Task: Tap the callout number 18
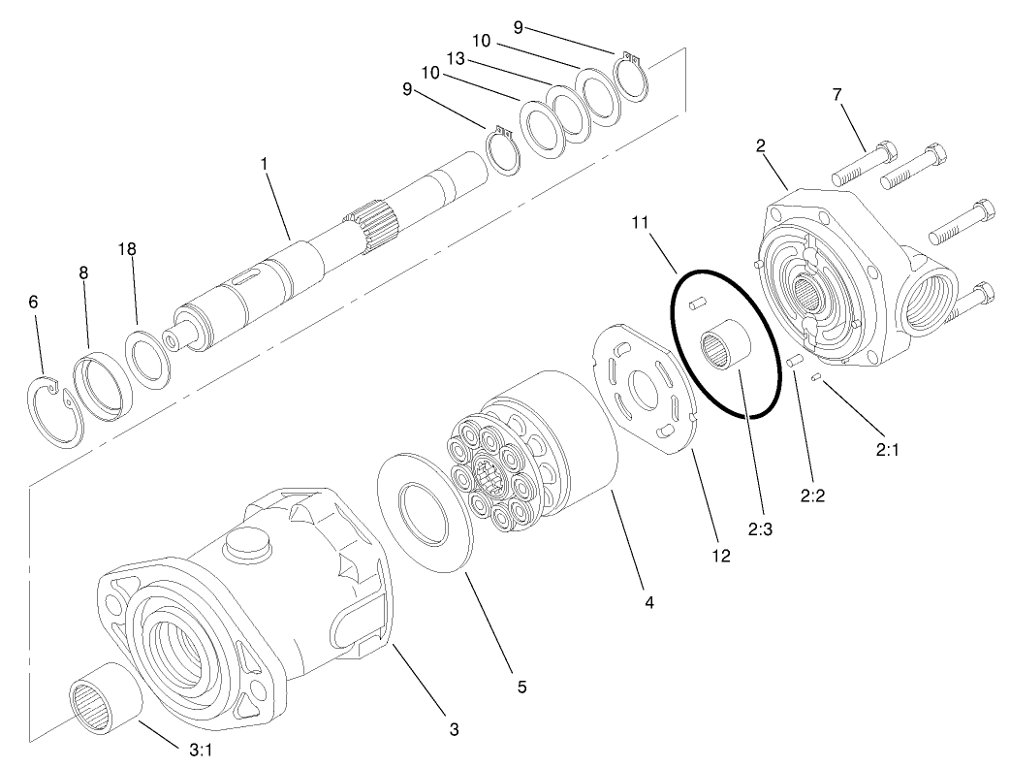128,249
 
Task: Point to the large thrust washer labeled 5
423,509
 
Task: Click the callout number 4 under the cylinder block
649,602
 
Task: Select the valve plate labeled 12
645,387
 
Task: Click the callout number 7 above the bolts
836,94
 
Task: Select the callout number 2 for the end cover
762,145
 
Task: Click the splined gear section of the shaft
372,226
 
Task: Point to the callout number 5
521,687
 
